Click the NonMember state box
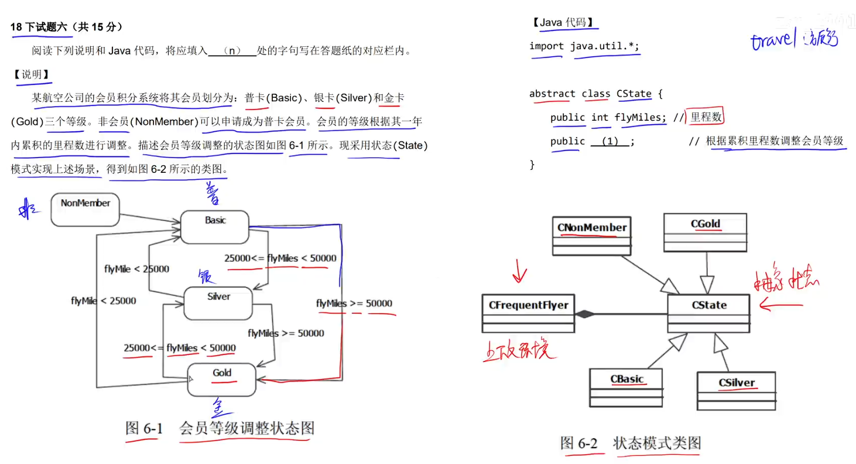[x=85, y=209]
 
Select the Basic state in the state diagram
[x=215, y=227]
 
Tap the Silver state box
[x=218, y=303]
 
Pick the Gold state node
[x=222, y=379]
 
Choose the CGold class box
[x=706, y=232]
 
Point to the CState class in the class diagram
[x=708, y=313]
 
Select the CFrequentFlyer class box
[x=528, y=313]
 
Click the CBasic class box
[x=626, y=387]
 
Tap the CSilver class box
[x=736, y=390]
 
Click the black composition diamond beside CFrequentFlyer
[x=584, y=315]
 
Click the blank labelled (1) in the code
[x=610, y=141]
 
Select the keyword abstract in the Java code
[x=552, y=94]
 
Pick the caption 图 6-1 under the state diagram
[x=144, y=428]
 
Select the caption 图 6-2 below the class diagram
[x=578, y=443]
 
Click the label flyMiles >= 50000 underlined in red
[x=354, y=303]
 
